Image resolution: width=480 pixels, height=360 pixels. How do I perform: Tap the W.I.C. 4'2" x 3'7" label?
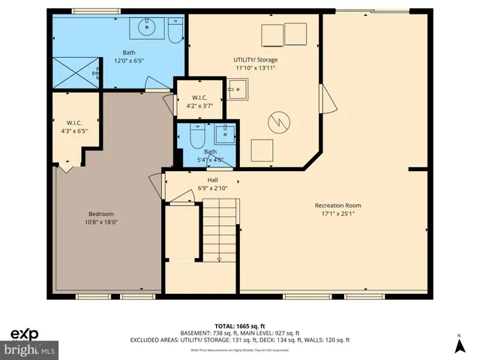click(x=199, y=102)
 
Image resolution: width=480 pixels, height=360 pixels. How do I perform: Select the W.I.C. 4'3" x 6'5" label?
click(x=73, y=127)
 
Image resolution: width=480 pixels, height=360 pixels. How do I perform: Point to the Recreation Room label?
click(x=337, y=209)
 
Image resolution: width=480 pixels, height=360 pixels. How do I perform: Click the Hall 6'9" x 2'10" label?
click(x=207, y=184)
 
